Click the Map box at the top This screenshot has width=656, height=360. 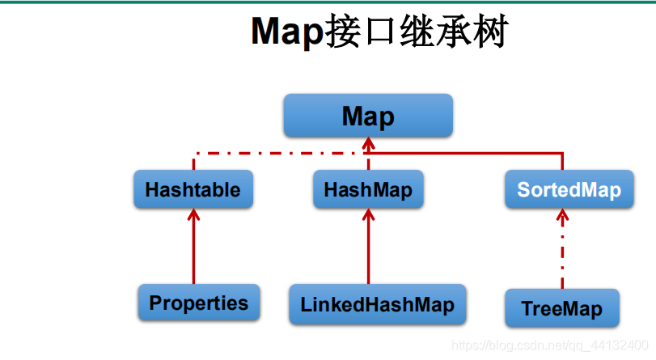click(x=367, y=116)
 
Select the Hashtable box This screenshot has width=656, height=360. click(x=193, y=190)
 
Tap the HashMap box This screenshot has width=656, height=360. click(x=368, y=190)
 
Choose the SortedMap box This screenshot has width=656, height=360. click(x=569, y=190)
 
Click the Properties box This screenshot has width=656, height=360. click(x=198, y=303)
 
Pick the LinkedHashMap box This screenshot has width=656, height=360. click(x=377, y=305)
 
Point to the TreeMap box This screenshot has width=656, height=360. click(x=561, y=309)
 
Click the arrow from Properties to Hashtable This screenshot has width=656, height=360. click(x=193, y=251)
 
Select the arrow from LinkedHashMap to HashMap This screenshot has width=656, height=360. click(x=369, y=251)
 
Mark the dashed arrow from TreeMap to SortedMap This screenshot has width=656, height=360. click(x=563, y=255)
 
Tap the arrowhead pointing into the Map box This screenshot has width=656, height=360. click(x=368, y=143)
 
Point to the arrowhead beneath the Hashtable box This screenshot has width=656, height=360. click(x=193, y=215)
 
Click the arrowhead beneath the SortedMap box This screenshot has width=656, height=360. click(x=563, y=216)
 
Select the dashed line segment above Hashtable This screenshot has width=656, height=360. click(x=194, y=161)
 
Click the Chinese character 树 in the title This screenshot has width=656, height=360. click(x=486, y=32)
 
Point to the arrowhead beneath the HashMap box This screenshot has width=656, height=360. click(x=369, y=215)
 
